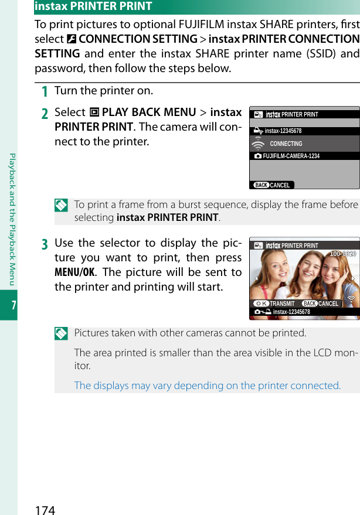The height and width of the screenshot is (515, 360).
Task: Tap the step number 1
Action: pos(45,91)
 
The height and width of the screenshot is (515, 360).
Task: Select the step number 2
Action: pos(45,113)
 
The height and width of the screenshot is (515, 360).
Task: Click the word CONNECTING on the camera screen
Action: pos(286,144)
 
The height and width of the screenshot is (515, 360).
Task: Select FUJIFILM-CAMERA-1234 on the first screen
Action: pos(291,156)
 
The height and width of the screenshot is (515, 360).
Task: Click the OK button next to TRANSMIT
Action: pos(261,303)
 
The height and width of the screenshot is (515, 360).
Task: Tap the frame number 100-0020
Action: pos(342,254)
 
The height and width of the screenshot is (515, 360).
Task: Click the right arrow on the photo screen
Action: pos(354,278)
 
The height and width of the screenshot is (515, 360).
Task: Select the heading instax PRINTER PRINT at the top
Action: pos(93,6)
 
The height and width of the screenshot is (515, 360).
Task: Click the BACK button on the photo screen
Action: pos(310,303)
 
